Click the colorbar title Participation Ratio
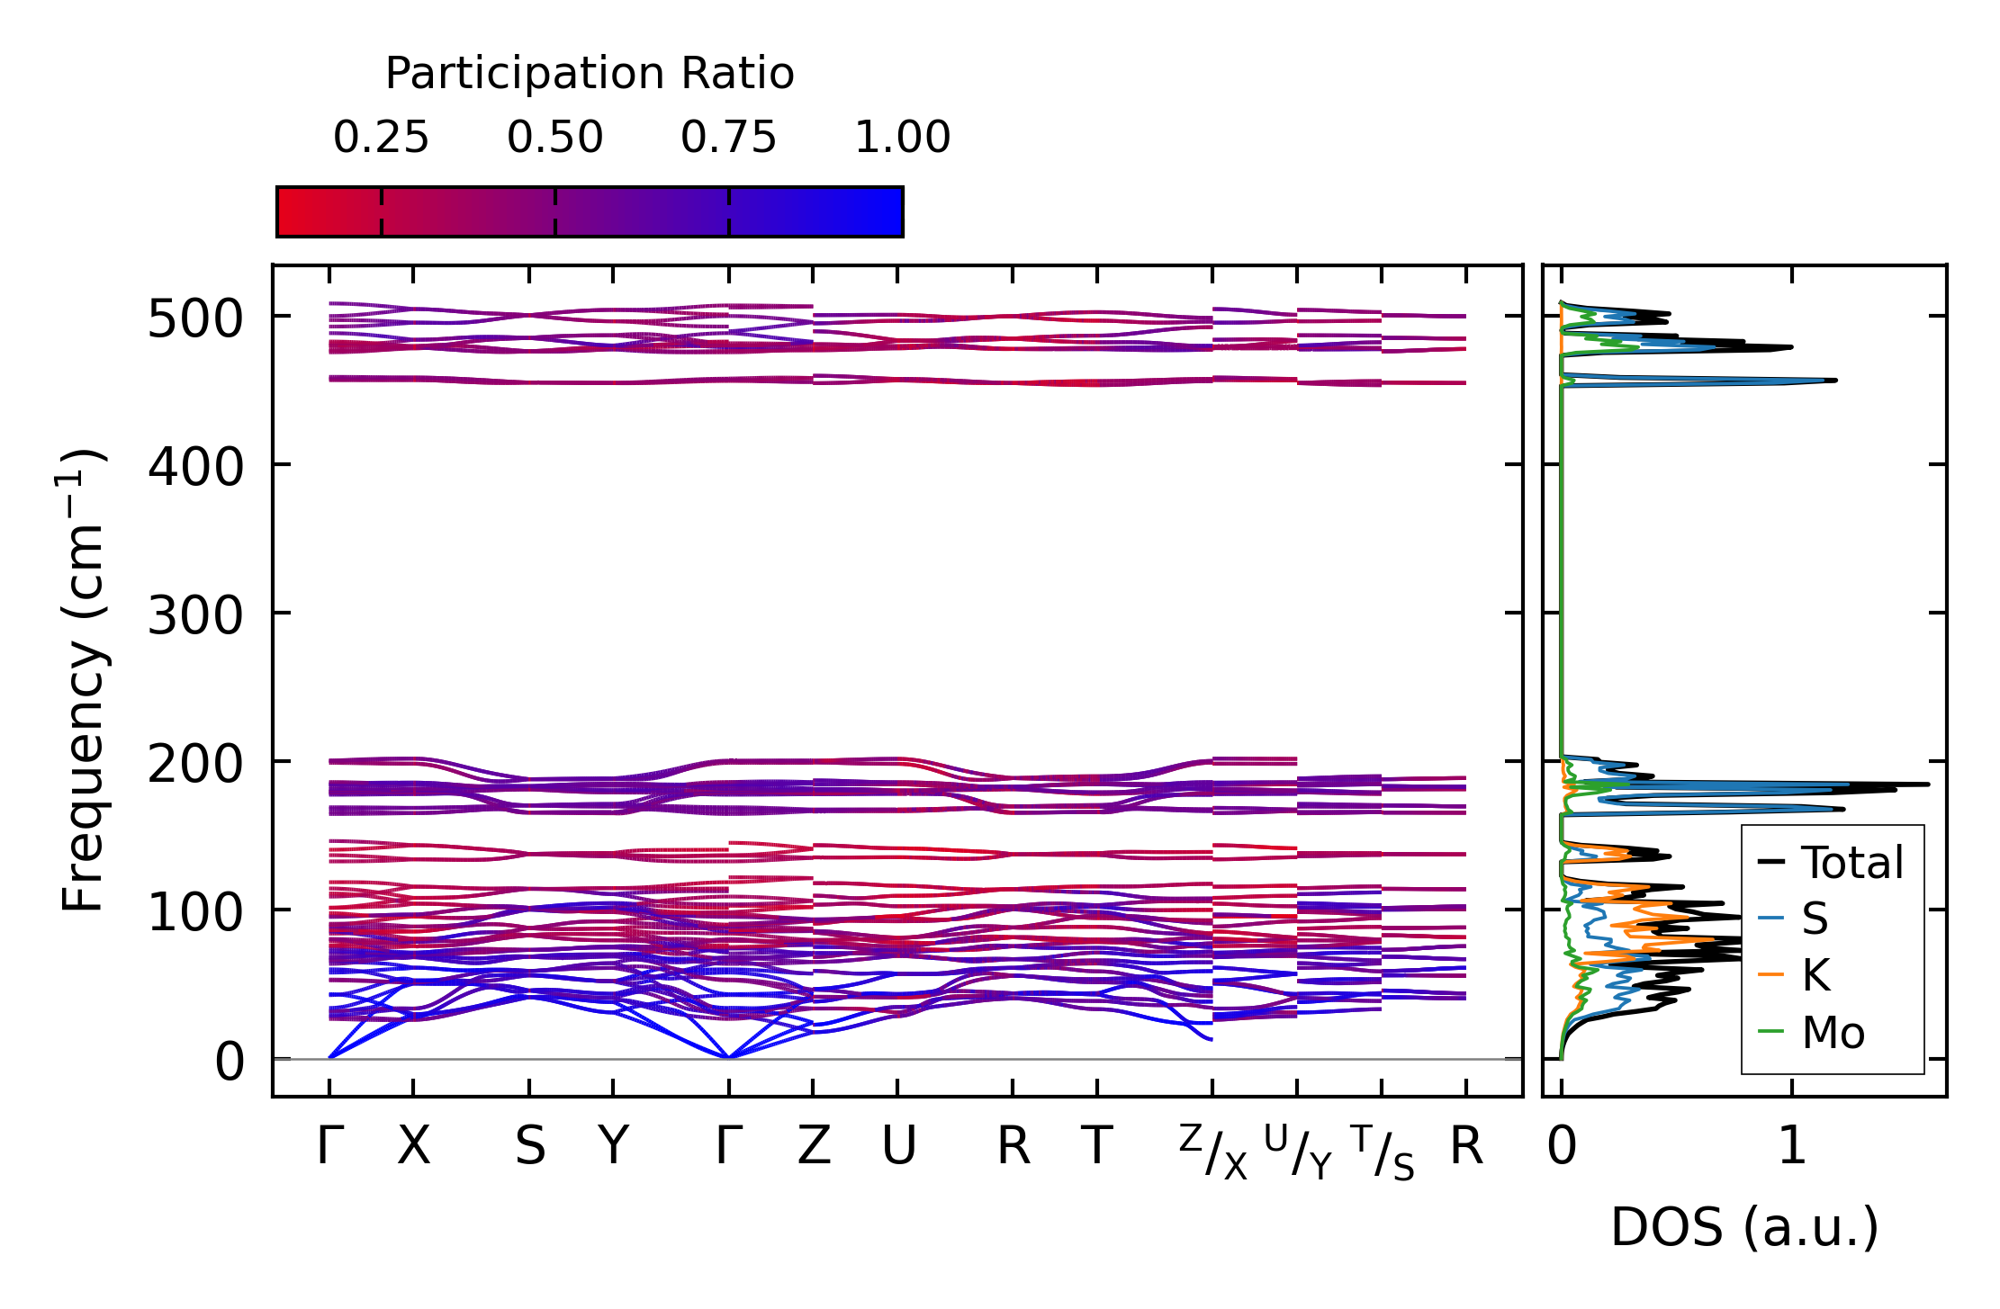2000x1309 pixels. [x=590, y=73]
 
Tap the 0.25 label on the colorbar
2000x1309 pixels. [x=381, y=138]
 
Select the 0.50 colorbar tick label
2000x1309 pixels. [x=554, y=138]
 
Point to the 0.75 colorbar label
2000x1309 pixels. [x=728, y=138]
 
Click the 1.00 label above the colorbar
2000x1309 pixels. [x=902, y=138]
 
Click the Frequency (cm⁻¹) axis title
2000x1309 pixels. [x=84, y=680]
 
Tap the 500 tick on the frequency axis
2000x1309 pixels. [x=195, y=318]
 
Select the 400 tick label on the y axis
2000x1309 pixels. [x=195, y=467]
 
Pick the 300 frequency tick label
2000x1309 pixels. [x=195, y=616]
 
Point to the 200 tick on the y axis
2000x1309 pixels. [x=195, y=765]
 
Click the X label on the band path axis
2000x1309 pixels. [x=413, y=1147]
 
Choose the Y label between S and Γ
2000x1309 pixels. [x=613, y=1147]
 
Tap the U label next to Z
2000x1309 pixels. [x=898, y=1147]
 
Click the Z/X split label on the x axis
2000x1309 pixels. [x=1212, y=1152]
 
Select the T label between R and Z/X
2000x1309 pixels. [x=1096, y=1147]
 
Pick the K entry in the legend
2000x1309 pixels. [x=1815, y=975]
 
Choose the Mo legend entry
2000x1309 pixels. [x=1833, y=1033]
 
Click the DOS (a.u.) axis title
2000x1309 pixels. [x=1744, y=1228]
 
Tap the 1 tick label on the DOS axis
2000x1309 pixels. [x=1791, y=1147]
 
